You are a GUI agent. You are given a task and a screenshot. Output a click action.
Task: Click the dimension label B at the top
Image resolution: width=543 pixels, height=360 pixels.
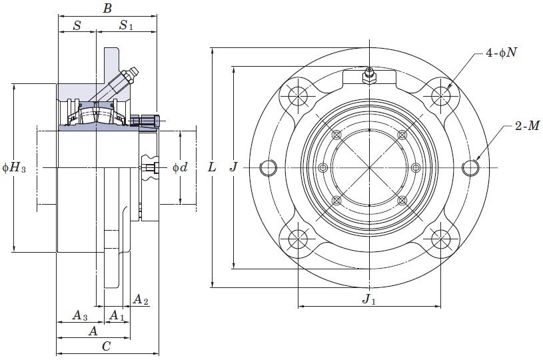[107, 8]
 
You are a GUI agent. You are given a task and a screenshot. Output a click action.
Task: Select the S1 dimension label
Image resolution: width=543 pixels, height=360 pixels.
[126, 25]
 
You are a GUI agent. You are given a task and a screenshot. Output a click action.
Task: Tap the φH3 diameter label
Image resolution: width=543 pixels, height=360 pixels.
[14, 168]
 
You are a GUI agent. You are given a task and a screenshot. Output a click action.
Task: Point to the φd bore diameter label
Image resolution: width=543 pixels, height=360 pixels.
[180, 167]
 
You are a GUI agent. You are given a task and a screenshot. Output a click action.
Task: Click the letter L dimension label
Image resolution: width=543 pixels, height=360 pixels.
[212, 167]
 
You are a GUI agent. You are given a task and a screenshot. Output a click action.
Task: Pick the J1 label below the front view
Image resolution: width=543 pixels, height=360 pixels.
[369, 299]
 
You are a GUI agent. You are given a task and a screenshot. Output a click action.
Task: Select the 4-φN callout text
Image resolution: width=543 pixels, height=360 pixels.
[501, 52]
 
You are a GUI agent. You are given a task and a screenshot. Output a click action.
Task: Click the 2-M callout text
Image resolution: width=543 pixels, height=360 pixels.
[527, 126]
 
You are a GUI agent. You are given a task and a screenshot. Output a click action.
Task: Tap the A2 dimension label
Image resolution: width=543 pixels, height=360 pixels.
[141, 299]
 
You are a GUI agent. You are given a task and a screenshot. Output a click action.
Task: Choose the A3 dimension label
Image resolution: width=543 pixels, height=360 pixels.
[80, 315]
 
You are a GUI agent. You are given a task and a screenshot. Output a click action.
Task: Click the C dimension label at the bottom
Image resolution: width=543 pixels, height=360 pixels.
[107, 346]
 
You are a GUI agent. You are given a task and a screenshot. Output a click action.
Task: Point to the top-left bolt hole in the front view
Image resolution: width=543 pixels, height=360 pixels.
[298, 95]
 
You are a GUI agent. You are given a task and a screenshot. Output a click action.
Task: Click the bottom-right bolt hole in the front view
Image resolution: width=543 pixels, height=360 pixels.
[441, 239]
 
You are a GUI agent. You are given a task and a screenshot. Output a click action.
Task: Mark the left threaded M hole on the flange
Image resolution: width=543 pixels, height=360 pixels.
[269, 168]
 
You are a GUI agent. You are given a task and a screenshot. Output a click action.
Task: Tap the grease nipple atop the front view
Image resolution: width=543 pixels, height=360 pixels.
[369, 75]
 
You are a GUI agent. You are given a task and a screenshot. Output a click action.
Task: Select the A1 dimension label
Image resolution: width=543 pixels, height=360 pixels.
[117, 315]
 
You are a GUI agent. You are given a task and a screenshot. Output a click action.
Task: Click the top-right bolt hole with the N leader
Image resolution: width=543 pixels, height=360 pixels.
[441, 95]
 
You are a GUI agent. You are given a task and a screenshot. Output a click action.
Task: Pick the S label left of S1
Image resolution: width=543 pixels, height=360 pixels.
[77, 25]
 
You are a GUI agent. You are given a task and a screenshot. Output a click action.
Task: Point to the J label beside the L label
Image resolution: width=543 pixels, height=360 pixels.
[234, 167]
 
